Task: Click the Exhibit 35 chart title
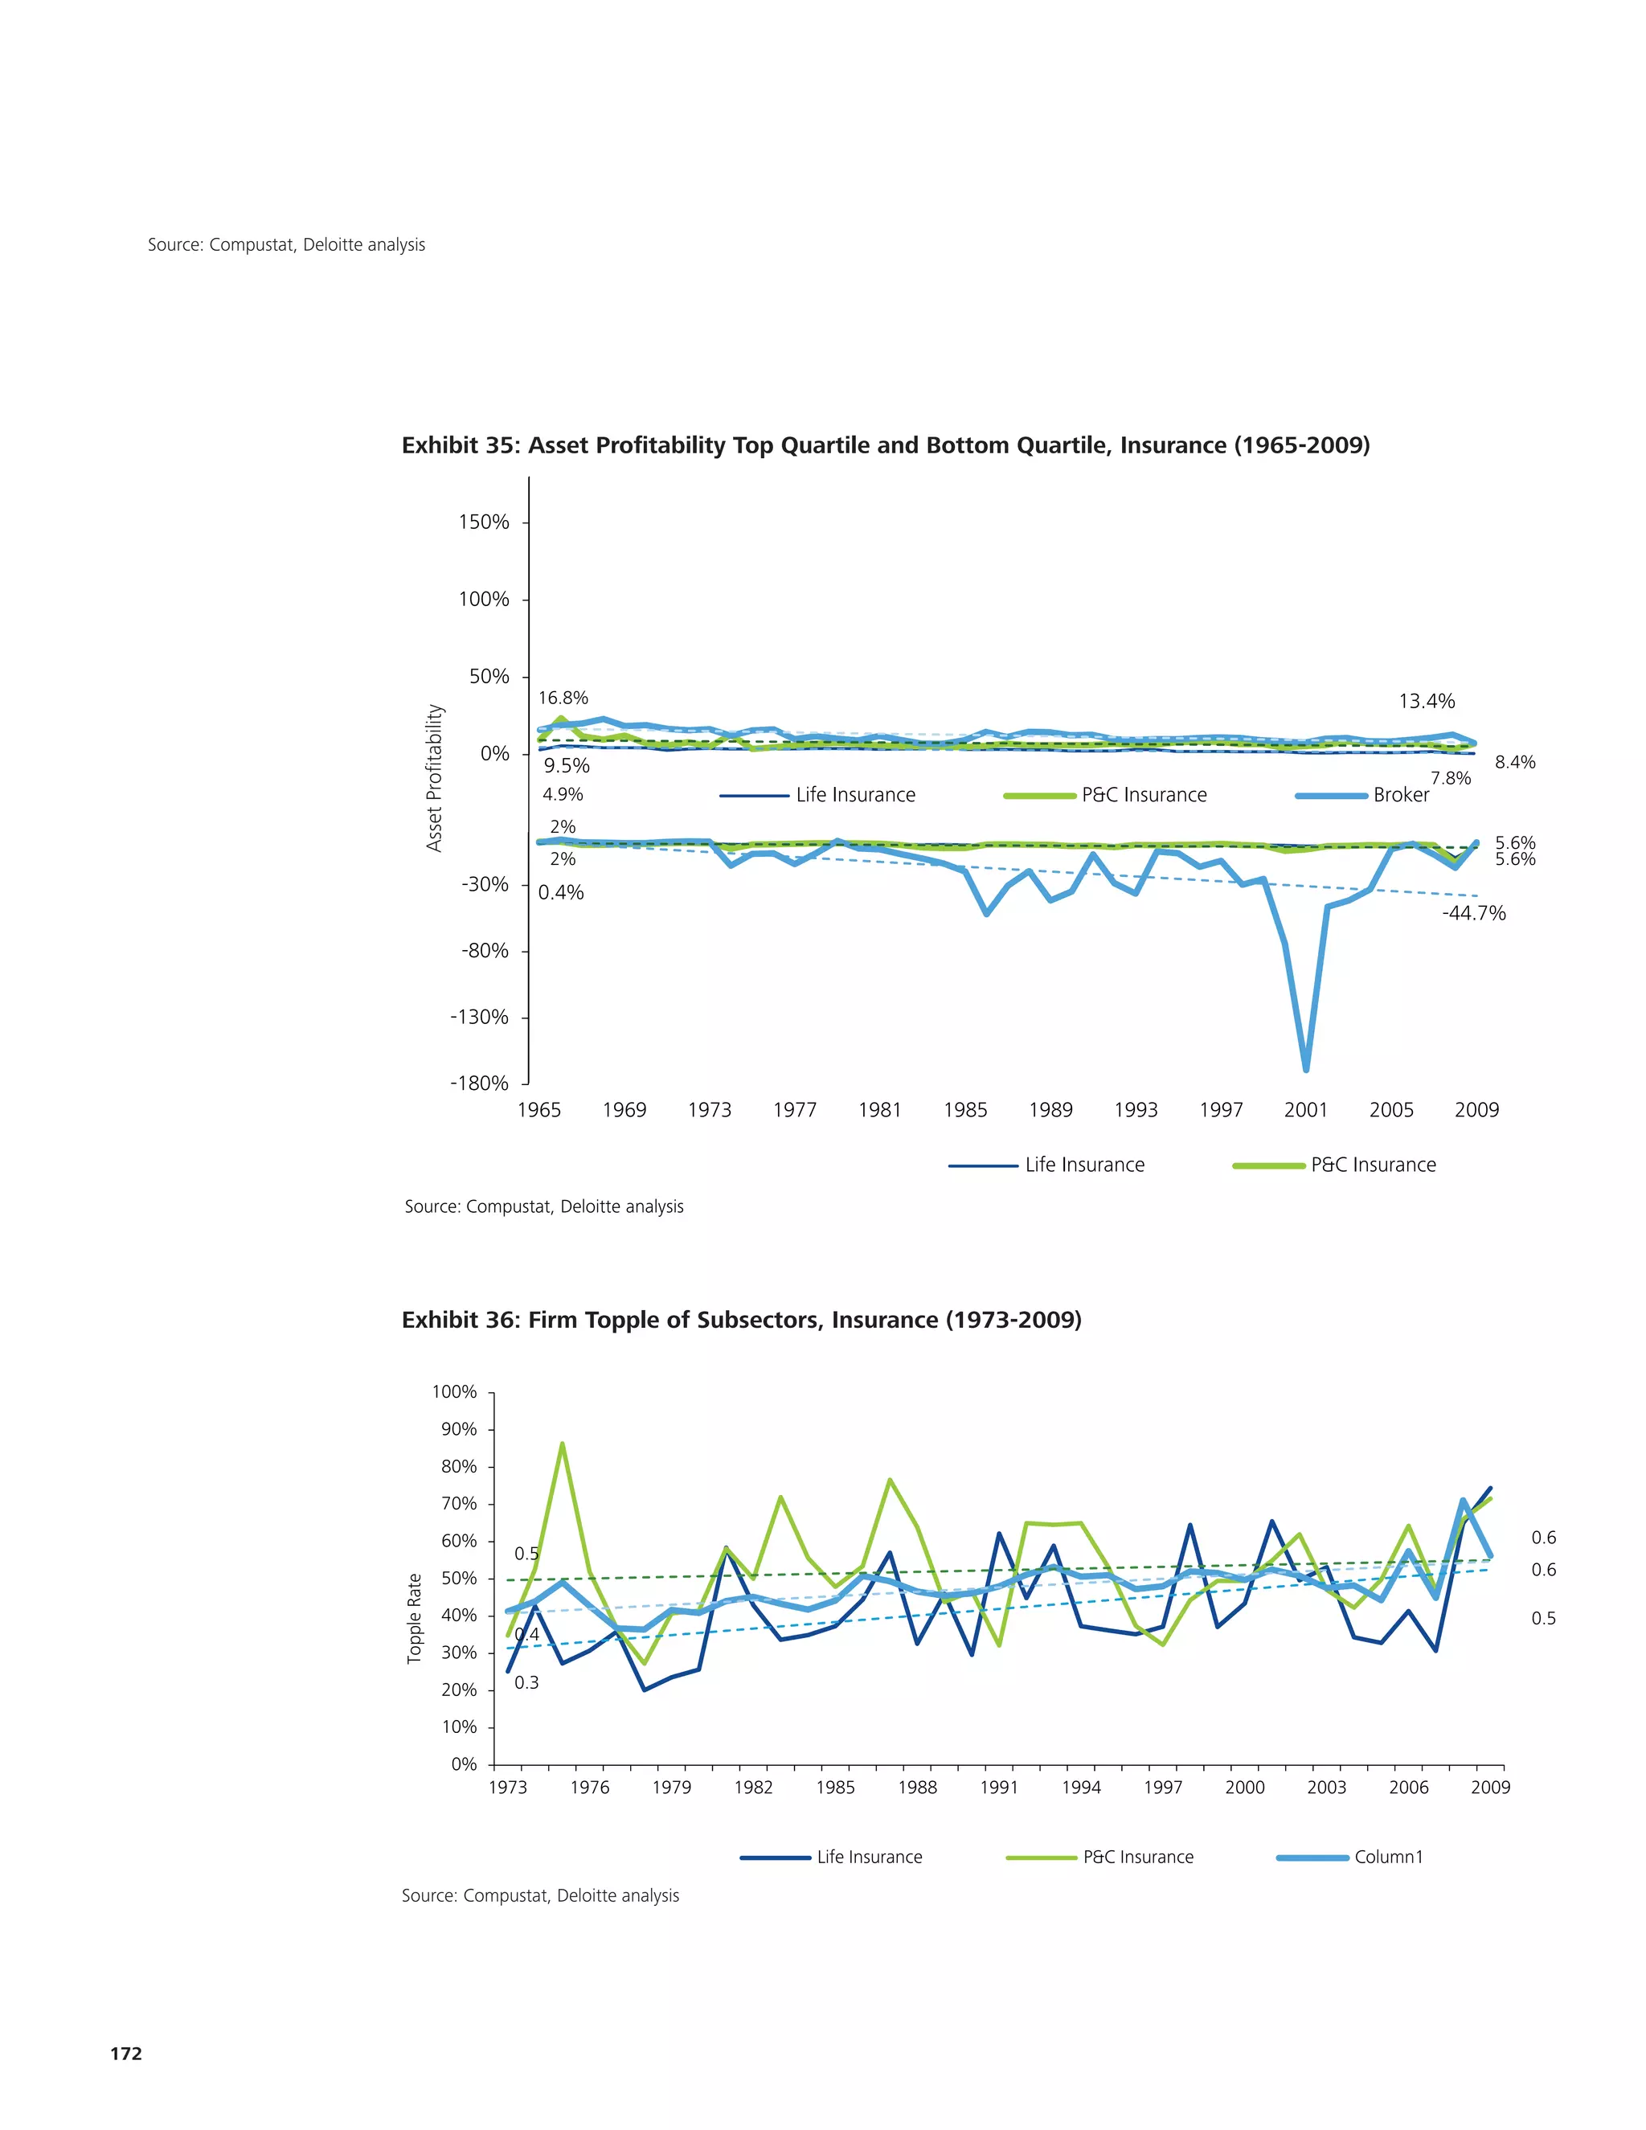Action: click(x=886, y=446)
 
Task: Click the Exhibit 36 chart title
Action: click(x=741, y=1320)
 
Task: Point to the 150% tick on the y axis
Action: click(x=484, y=522)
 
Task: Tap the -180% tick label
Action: click(x=479, y=1083)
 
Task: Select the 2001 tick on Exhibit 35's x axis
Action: click(x=1306, y=1110)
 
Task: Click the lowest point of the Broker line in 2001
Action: click(x=1306, y=1069)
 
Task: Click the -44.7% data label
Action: click(x=1473, y=914)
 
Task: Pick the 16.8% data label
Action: click(x=563, y=698)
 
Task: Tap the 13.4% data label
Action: click(x=1426, y=701)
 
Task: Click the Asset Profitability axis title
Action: click(x=434, y=778)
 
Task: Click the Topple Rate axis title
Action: click(x=415, y=1618)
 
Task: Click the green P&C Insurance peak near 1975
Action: click(x=562, y=1444)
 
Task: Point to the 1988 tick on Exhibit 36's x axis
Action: click(x=916, y=1787)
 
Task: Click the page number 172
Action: click(x=126, y=2053)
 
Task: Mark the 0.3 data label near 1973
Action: click(x=526, y=1682)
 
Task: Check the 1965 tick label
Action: click(x=538, y=1110)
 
